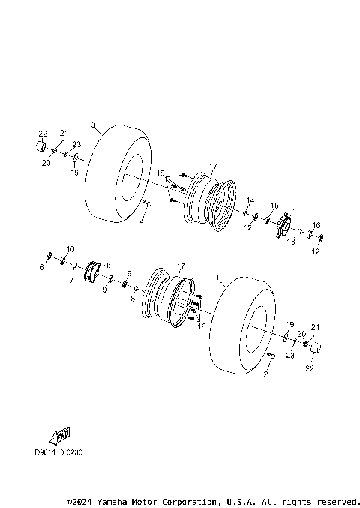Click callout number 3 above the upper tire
(93, 125)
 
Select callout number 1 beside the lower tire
(218, 278)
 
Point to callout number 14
(250, 200)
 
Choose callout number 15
(274, 205)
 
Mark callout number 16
(316, 225)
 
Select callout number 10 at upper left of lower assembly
(70, 248)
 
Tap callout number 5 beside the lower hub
(108, 265)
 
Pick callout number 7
(71, 281)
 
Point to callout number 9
(104, 290)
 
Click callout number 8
(132, 298)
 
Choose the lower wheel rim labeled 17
(171, 298)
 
